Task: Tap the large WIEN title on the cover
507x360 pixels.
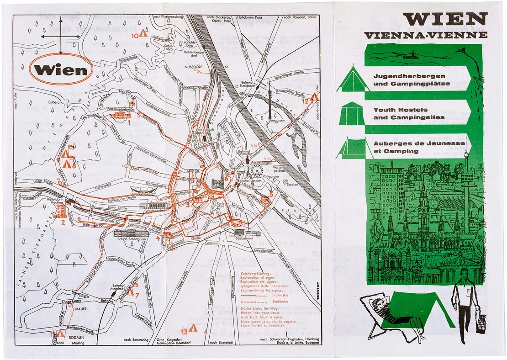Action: pos(445,19)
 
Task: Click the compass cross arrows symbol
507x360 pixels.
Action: pos(60,36)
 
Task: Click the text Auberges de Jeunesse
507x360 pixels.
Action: pos(419,143)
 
